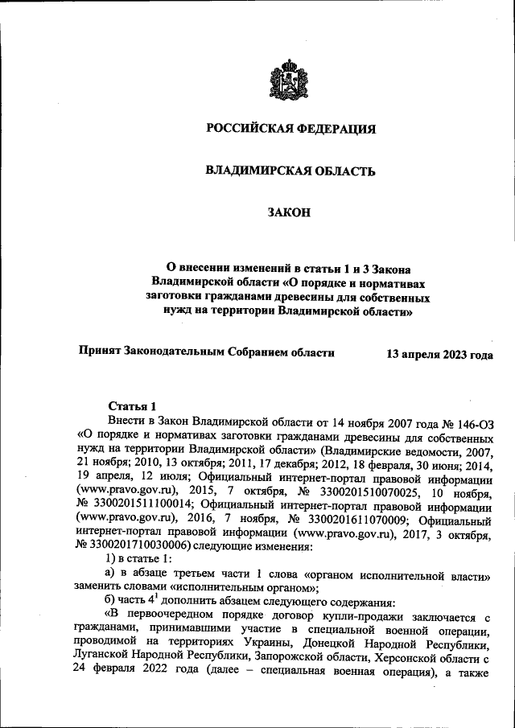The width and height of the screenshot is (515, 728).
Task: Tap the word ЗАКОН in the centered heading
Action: tap(288, 213)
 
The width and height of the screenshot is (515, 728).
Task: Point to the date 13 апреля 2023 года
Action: tap(439, 354)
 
